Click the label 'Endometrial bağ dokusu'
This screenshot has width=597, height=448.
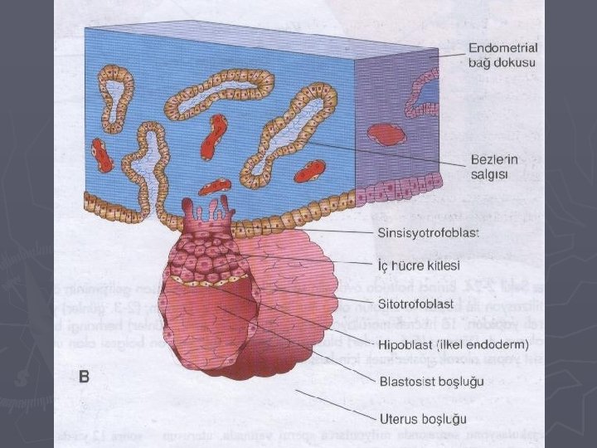(502, 55)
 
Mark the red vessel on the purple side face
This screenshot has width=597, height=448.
(386, 134)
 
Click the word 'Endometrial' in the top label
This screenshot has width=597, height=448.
(502, 47)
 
